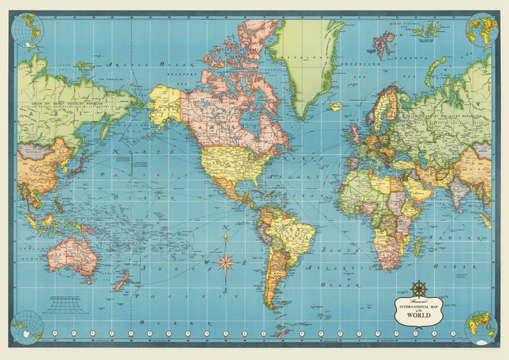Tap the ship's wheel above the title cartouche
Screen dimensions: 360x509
419,288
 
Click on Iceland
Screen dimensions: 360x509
336,106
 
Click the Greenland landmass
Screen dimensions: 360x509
305,64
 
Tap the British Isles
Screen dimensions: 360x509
352,127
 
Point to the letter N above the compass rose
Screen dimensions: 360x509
227,230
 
